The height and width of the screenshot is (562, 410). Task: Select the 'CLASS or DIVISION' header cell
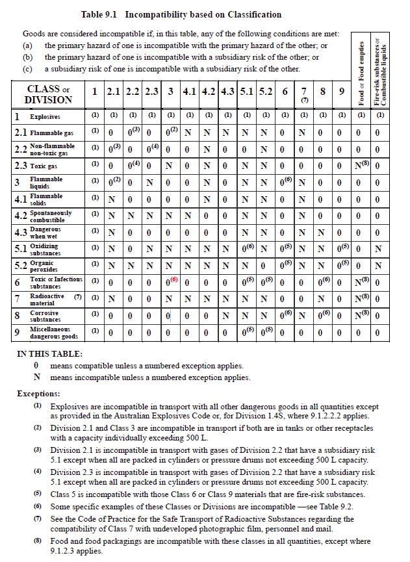tap(48, 95)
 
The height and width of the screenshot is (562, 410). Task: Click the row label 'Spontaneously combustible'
tap(51, 216)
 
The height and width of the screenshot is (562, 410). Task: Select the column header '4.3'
tap(227, 92)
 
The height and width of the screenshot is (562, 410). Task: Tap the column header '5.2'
tap(266, 92)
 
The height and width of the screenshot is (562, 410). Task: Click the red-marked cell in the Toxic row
tap(170, 282)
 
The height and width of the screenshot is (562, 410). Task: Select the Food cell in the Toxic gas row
tap(361, 166)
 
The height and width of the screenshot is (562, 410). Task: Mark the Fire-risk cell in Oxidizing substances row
tap(380, 249)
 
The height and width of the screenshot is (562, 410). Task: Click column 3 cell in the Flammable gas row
tap(170, 133)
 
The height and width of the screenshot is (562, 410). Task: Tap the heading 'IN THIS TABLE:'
tap(49, 354)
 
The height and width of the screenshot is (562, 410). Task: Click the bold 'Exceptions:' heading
tap(38, 394)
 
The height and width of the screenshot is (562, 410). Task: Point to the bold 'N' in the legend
tap(36, 377)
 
